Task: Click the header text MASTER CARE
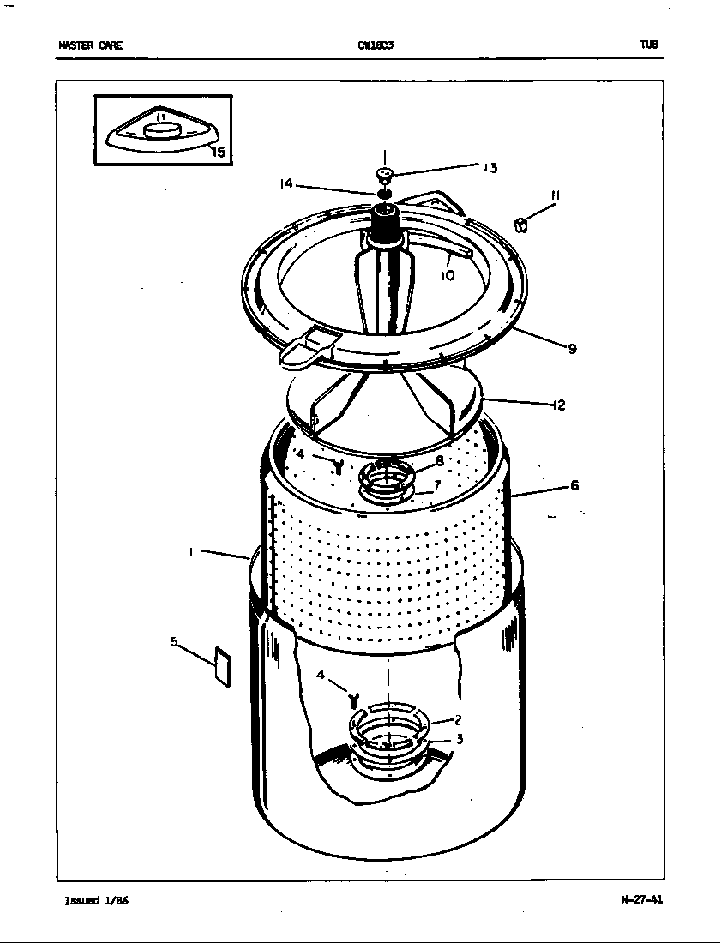(89, 46)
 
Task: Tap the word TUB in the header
(648, 46)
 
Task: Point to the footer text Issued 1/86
(96, 901)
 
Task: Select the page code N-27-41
(641, 900)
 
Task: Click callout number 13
(490, 168)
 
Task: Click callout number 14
(286, 183)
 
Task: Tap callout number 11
(555, 196)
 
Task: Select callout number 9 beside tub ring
(571, 348)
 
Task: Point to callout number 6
(574, 486)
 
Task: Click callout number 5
(174, 640)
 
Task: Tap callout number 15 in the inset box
(218, 153)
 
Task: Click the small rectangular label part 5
(222, 667)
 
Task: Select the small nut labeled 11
(520, 225)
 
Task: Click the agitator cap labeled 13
(385, 176)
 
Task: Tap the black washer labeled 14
(385, 194)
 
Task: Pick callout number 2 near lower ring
(459, 720)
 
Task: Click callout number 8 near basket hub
(439, 460)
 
